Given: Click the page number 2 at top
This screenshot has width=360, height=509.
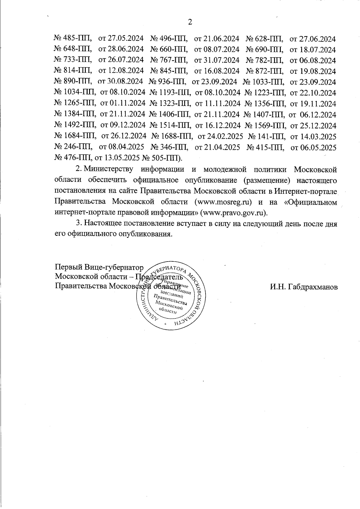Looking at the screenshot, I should [x=189, y=22].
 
